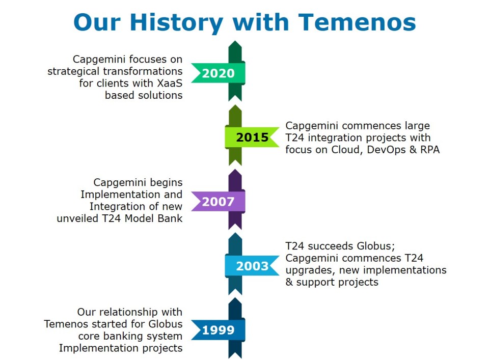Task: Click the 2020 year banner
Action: pos(219,73)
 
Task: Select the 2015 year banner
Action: pos(252,137)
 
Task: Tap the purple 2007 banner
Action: pos(219,201)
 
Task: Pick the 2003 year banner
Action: pos(252,266)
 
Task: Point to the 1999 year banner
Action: pos(219,330)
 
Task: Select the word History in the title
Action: pos(177,23)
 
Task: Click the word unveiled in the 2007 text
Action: pos(77,218)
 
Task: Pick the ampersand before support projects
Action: pos(289,282)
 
